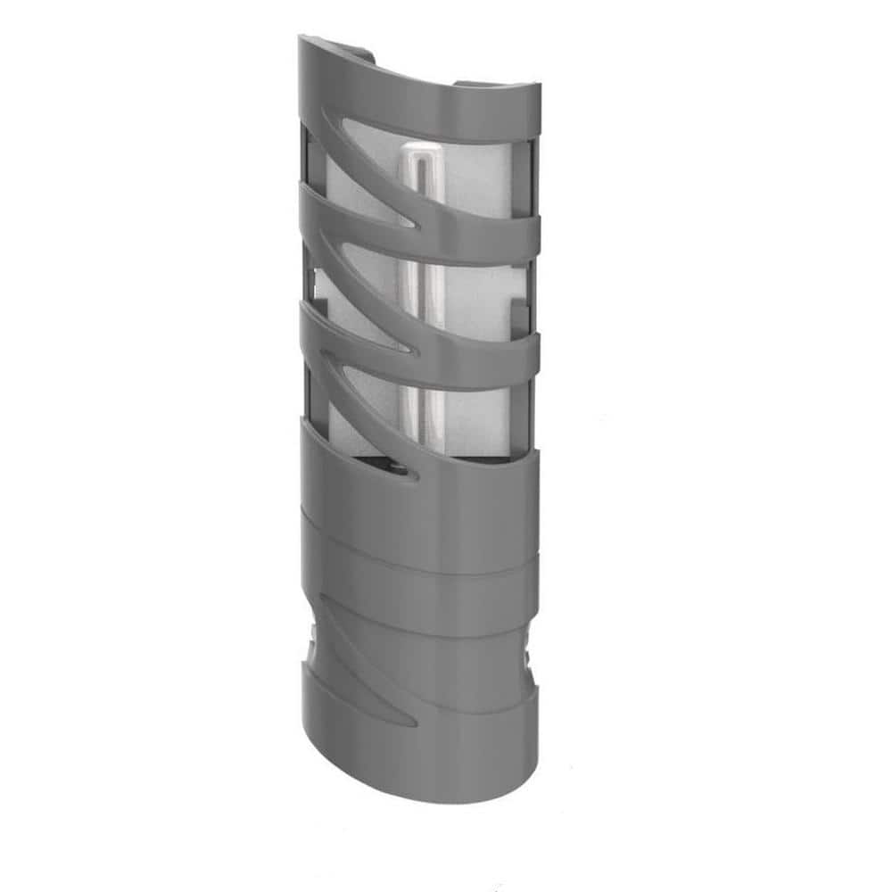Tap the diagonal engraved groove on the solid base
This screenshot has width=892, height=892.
pos(357,651)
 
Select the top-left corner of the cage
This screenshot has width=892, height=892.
pos(303,41)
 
